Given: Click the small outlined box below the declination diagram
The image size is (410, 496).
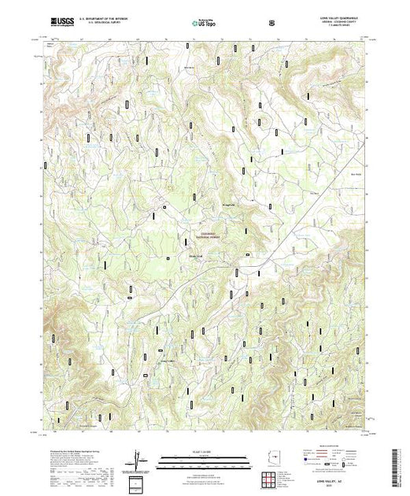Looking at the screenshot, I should point(139,482).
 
